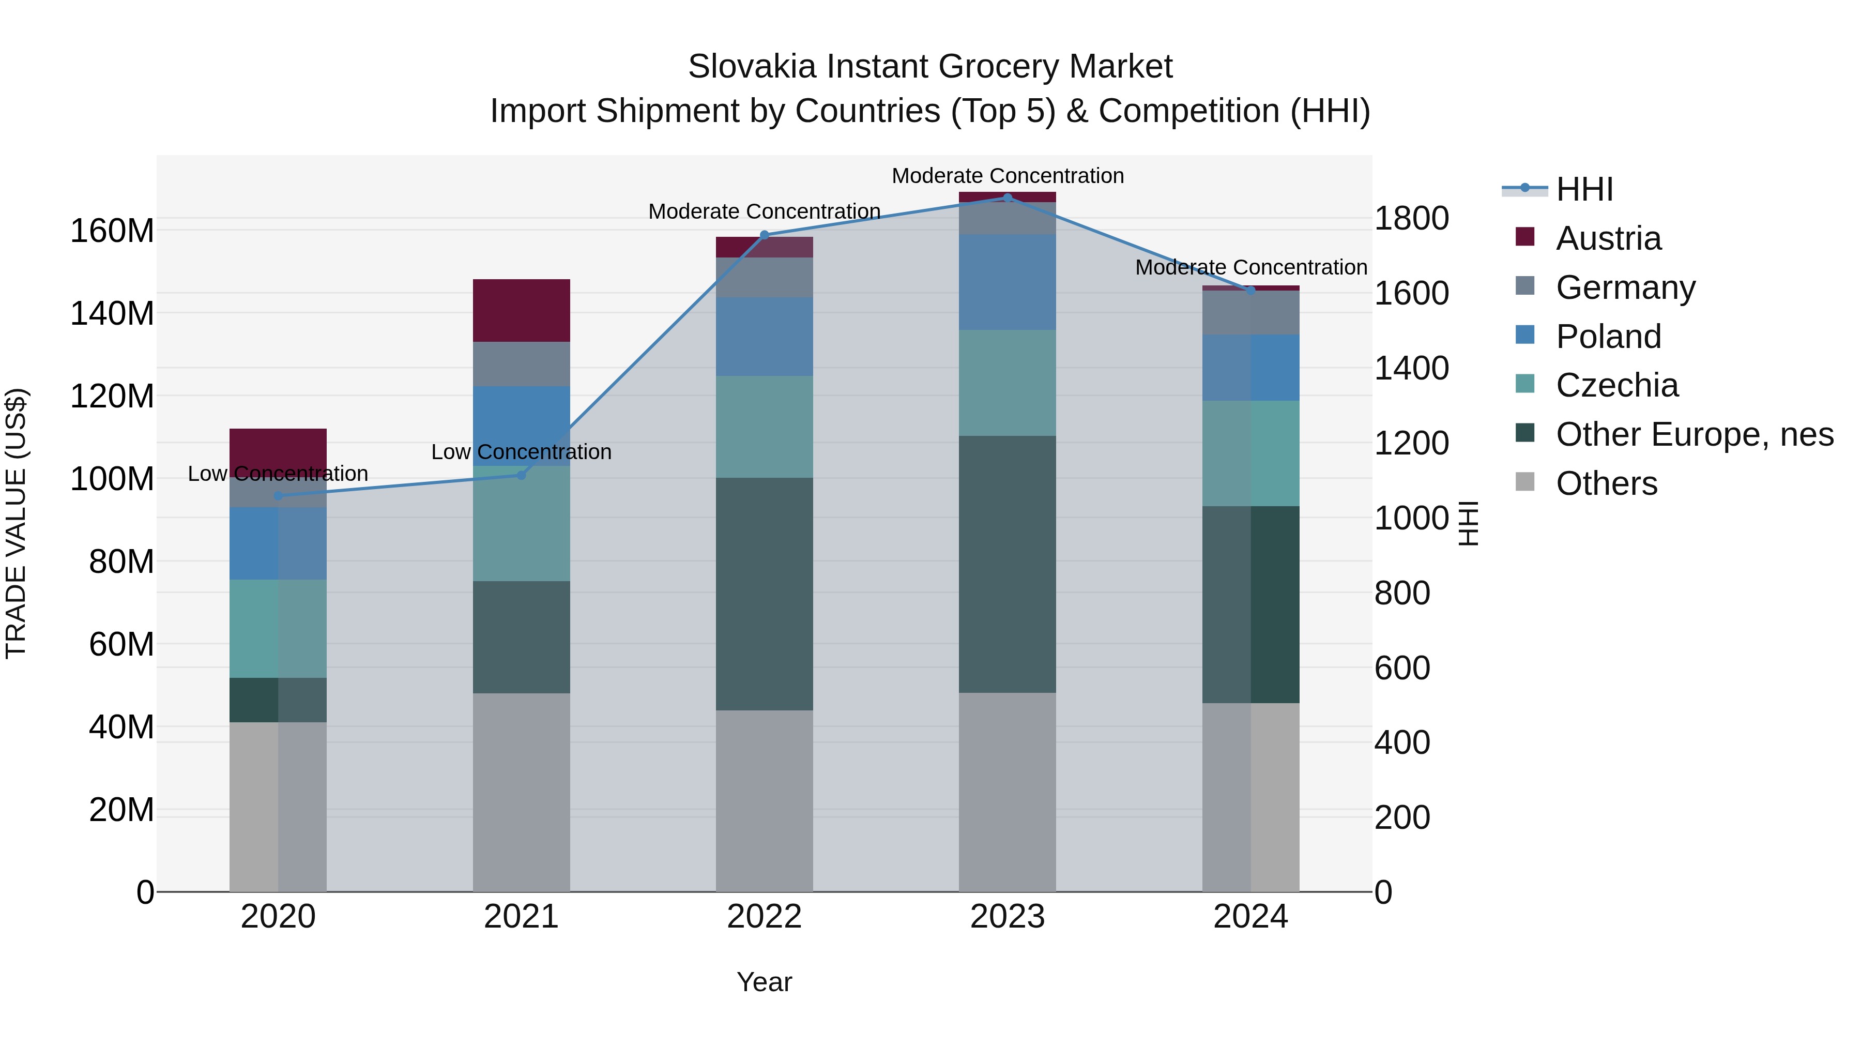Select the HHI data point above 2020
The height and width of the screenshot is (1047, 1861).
pyautogui.click(x=278, y=496)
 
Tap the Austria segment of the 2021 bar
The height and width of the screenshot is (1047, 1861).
pyautogui.click(x=521, y=310)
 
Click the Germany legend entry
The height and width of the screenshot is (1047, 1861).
pyautogui.click(x=1625, y=287)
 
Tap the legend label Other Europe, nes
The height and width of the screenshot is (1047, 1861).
pyautogui.click(x=1694, y=434)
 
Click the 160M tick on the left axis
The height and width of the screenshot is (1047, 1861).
pyautogui.click(x=112, y=231)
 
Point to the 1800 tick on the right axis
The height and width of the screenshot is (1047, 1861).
pyautogui.click(x=1411, y=218)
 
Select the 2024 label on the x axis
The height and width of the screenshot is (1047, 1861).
pyautogui.click(x=1250, y=917)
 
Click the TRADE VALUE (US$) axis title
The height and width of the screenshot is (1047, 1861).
pyautogui.click(x=16, y=523)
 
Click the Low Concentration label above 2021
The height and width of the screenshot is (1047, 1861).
pyautogui.click(x=521, y=452)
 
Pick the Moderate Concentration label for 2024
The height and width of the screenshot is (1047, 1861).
pyautogui.click(x=1250, y=267)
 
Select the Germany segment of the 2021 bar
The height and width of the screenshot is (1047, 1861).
pyautogui.click(x=521, y=363)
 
